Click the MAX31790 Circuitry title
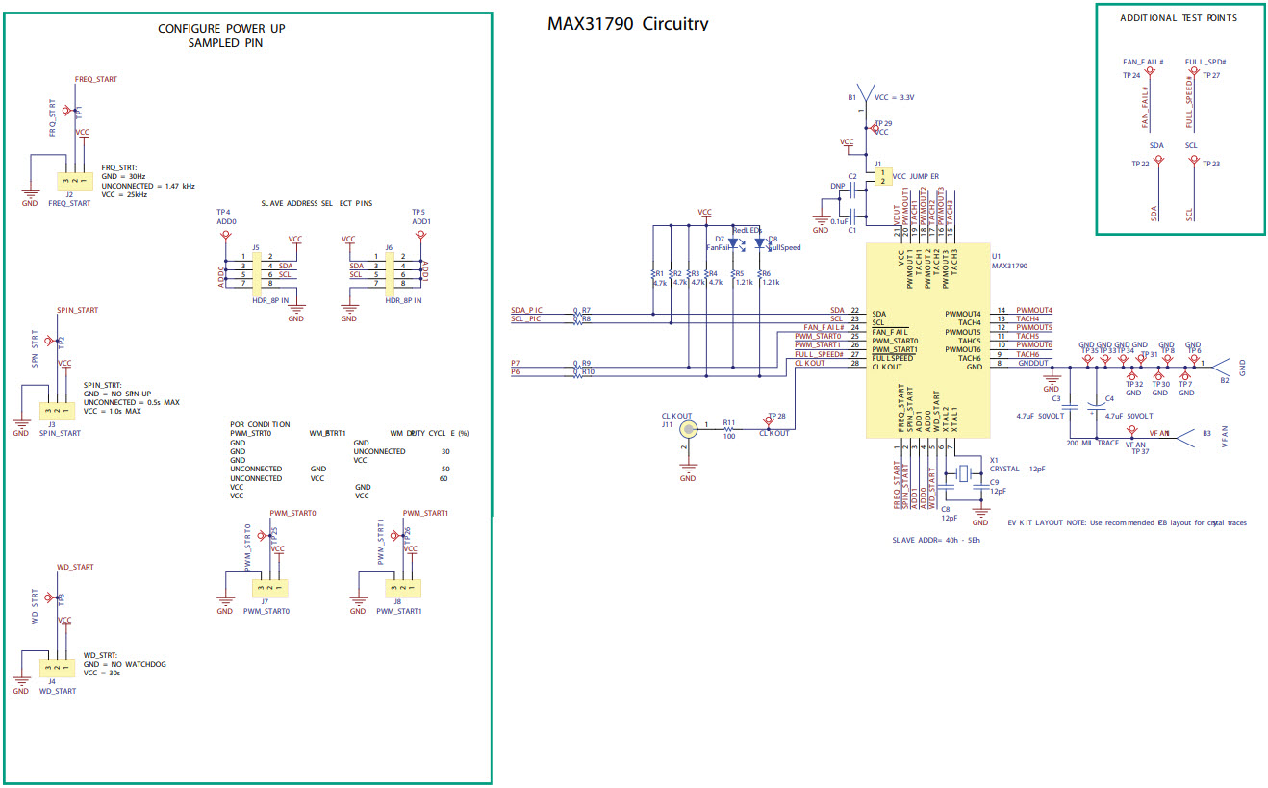627,24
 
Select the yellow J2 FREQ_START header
73,180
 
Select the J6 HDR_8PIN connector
390,270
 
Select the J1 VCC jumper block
882,177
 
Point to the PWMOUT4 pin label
1033,311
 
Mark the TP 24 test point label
1130,75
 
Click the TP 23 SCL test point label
1210,164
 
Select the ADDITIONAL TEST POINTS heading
1178,18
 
